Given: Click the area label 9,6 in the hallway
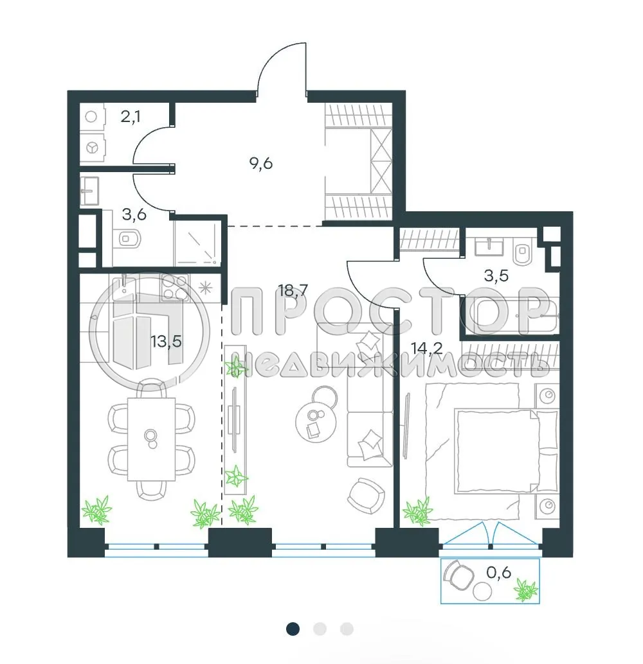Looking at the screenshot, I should click(x=261, y=163).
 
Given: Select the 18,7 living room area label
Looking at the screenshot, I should click(x=292, y=291).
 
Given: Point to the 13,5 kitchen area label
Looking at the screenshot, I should click(x=166, y=341).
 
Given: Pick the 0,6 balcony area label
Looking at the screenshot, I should click(x=498, y=572).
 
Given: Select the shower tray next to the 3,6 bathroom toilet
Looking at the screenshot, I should click(x=198, y=245).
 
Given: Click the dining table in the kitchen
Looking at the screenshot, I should click(x=151, y=439).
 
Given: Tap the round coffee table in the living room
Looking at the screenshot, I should click(x=315, y=422).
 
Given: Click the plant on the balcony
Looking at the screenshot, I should click(x=527, y=590).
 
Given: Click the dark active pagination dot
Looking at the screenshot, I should click(x=293, y=629).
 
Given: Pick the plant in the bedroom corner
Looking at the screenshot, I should click(x=417, y=511).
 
